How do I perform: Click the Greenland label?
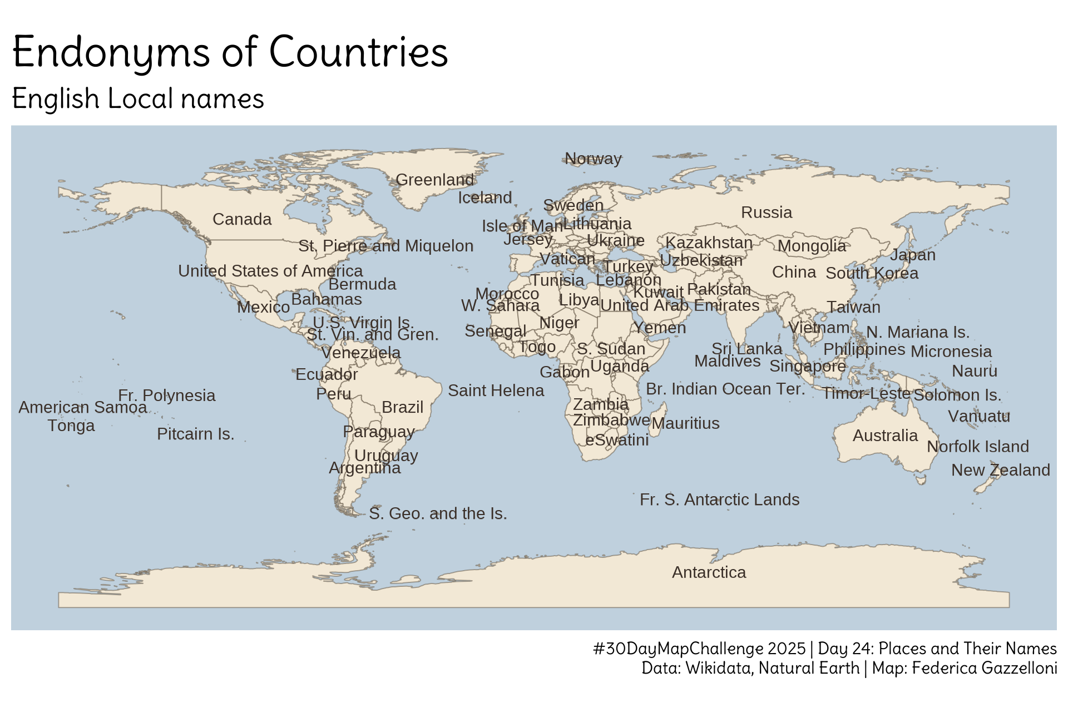click(434, 180)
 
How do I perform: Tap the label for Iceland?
click(484, 197)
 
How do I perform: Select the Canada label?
click(242, 219)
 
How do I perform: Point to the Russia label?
click(767, 212)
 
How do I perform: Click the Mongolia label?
click(812, 246)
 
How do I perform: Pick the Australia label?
click(885, 436)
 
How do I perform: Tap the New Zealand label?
click(1000, 470)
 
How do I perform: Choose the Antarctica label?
click(709, 572)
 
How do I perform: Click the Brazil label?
click(402, 407)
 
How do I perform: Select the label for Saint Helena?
click(496, 390)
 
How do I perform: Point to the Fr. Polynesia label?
click(166, 395)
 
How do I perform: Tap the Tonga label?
click(71, 426)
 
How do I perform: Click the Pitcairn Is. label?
click(195, 434)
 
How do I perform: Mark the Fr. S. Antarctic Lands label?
click(719, 500)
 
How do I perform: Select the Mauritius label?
click(685, 423)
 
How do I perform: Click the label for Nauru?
click(974, 371)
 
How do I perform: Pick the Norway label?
click(593, 159)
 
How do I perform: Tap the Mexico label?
click(263, 307)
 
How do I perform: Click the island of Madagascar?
click(657, 426)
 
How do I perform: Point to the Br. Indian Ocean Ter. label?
click(725, 389)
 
